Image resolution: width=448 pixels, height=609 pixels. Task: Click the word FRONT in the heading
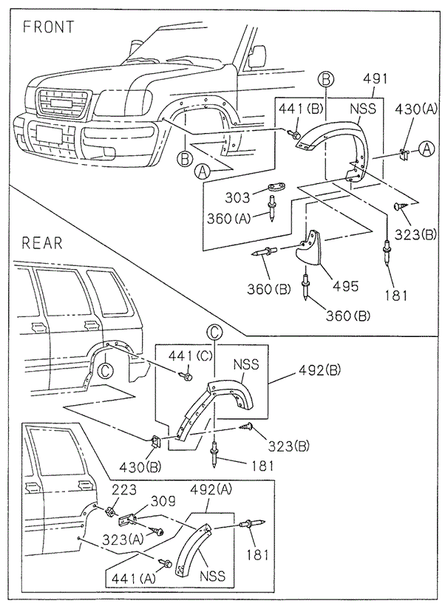tap(49, 27)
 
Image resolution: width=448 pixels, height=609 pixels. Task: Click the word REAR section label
tap(43, 242)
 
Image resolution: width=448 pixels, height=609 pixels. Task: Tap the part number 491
tap(376, 80)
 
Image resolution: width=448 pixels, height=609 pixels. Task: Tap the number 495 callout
tap(345, 285)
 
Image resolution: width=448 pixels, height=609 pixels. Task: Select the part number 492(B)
tap(320, 371)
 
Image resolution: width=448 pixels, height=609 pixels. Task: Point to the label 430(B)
tap(140, 467)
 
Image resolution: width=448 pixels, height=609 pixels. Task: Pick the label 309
tap(164, 501)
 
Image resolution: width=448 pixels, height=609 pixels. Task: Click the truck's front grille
tap(64, 103)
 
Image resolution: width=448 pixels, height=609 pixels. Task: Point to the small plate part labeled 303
tap(277, 188)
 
